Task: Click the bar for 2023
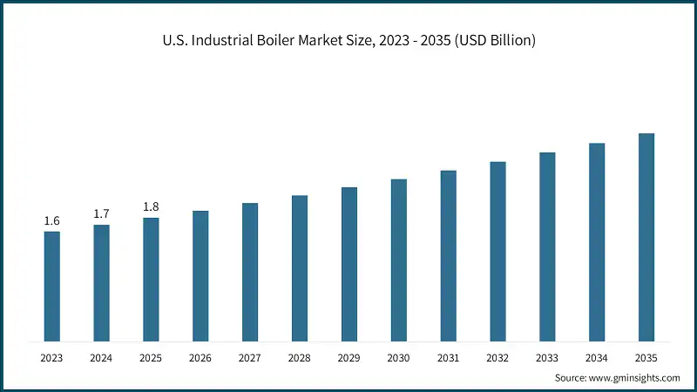(52, 286)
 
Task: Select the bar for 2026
(200, 275)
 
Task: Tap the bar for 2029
(349, 264)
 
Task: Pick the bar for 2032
(497, 251)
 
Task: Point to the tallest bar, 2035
(646, 237)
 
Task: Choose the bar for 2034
(597, 242)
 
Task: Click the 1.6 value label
(52, 220)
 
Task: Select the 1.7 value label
(102, 213)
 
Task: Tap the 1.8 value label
(151, 206)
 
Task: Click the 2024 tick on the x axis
(102, 357)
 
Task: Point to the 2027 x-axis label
(250, 357)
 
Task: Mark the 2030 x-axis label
(398, 357)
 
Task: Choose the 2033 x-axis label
(547, 357)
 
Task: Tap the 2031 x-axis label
(448, 357)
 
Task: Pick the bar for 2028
(300, 268)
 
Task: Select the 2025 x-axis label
(151, 357)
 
